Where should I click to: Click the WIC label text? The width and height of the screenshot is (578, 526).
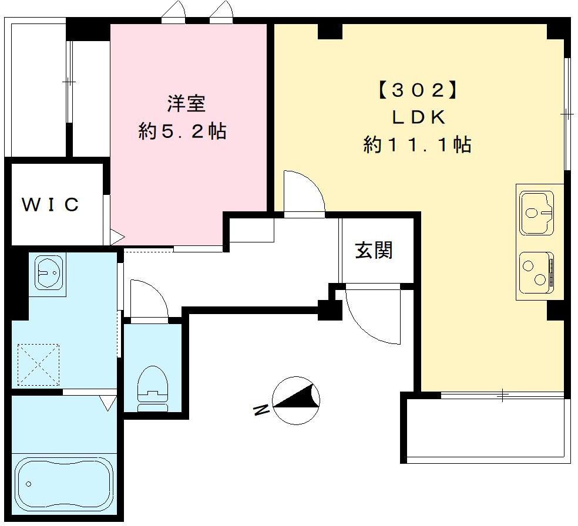[51, 204]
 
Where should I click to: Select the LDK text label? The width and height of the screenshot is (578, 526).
[418, 117]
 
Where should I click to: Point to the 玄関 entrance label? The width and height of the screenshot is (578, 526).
[374, 250]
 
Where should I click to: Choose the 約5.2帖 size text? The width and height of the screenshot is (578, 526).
[183, 131]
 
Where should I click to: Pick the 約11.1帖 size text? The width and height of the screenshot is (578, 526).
[418, 144]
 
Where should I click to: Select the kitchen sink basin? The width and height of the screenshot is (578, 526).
[536, 213]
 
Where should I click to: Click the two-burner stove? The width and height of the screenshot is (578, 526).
[536, 272]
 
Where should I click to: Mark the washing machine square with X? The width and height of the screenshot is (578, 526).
[38, 365]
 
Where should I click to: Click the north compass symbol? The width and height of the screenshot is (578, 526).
[296, 400]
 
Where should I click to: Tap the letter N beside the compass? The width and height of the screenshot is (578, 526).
[261, 410]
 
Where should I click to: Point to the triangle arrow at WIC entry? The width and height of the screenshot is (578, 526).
[117, 237]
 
